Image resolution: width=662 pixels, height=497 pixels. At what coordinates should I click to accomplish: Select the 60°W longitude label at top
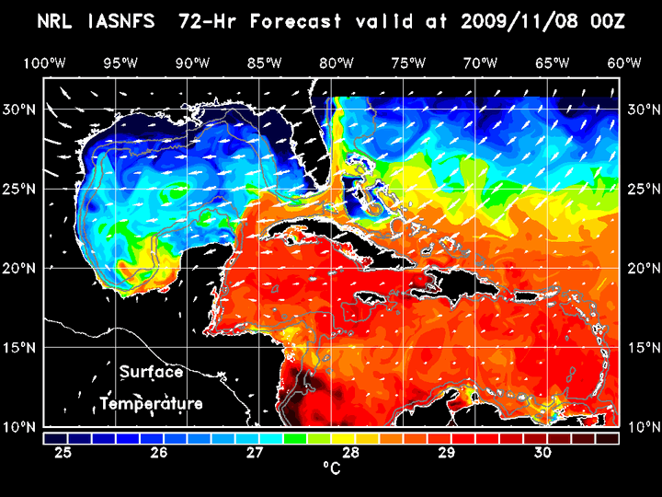coord(624,63)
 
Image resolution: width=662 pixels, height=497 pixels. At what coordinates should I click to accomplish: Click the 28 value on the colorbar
coord(350,453)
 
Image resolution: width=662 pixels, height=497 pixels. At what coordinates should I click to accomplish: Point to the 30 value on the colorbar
coord(542,453)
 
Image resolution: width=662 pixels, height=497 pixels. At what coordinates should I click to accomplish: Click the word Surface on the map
coord(151,373)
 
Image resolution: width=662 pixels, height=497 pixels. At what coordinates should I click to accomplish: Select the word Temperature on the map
coord(152,404)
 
